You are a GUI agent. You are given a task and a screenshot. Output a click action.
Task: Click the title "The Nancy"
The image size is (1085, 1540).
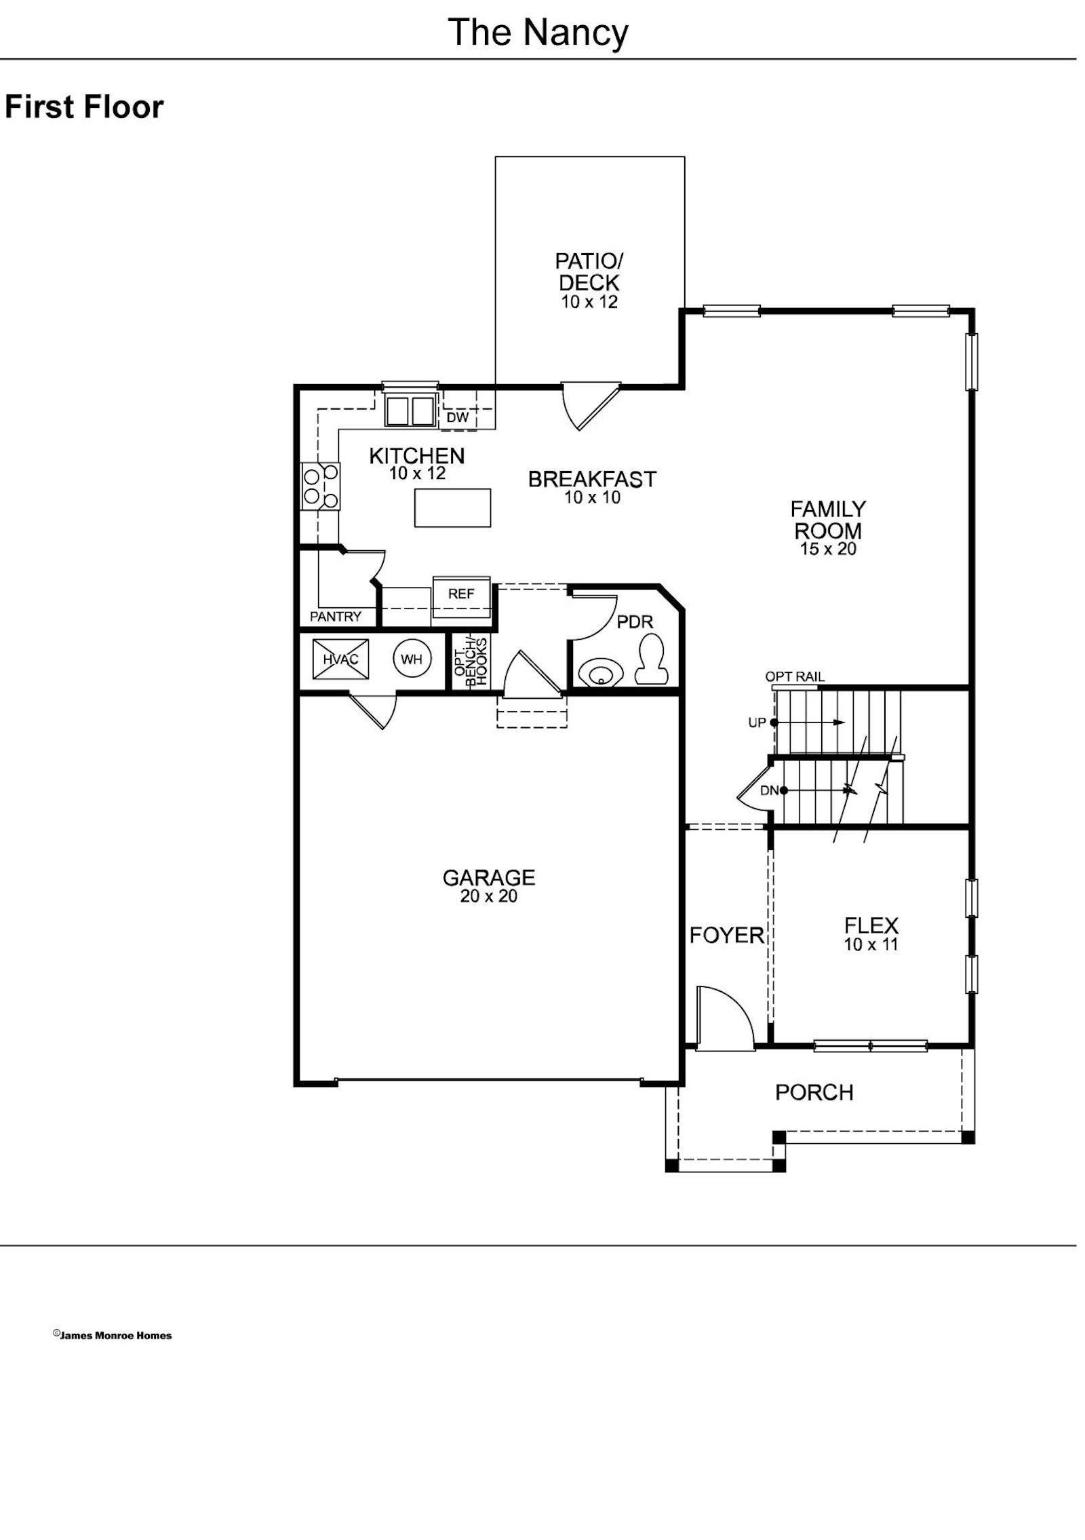538,33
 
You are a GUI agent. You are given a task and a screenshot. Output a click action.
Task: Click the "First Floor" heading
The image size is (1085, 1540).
84,107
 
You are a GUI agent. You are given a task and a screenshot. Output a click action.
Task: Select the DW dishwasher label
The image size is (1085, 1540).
458,418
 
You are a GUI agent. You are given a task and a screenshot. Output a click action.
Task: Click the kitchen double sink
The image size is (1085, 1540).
410,410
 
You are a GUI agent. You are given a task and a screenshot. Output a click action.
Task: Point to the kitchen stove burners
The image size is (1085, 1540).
321,486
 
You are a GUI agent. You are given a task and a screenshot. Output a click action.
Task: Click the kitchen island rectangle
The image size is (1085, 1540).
453,507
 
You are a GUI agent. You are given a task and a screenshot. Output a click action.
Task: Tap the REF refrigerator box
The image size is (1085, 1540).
461,594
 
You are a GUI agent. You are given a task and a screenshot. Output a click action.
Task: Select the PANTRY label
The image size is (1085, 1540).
336,617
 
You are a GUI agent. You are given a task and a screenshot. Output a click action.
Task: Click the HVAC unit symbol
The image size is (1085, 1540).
340,659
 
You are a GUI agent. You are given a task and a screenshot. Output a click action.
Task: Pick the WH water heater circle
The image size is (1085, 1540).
412,659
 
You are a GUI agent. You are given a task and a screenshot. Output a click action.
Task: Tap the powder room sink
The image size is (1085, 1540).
600,674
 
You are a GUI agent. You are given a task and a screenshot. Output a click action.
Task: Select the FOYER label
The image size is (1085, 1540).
726,936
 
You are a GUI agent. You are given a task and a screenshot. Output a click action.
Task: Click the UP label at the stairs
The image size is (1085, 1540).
757,723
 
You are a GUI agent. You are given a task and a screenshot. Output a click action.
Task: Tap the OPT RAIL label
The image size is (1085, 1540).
795,676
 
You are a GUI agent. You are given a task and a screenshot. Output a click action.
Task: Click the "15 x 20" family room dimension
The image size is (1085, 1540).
828,549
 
